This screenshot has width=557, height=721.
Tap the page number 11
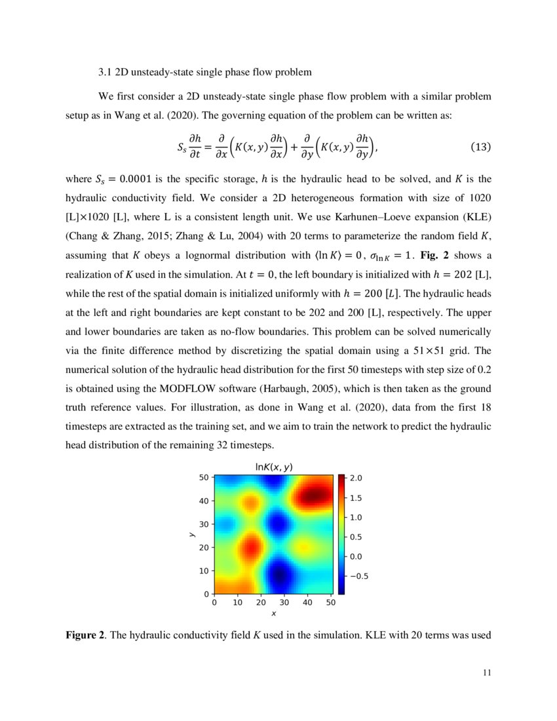coord(486,671)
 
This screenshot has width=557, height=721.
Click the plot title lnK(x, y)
coord(273,466)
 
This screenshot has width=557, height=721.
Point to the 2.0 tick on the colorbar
coord(355,478)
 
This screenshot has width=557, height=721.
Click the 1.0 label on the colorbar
coord(355,518)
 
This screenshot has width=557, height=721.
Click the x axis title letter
coord(273,614)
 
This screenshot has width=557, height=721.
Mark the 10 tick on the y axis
coord(204,571)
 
